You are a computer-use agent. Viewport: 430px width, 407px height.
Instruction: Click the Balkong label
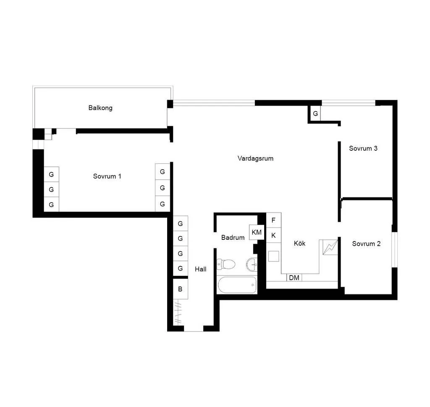coord(100,108)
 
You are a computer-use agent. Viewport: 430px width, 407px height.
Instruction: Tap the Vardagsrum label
coord(255,158)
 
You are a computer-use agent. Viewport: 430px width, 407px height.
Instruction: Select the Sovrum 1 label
coord(107,176)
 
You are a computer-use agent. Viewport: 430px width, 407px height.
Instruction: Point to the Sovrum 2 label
coord(366,244)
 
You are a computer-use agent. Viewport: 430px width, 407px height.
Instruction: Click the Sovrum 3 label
coord(363,148)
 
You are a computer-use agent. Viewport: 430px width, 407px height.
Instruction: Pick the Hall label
coord(200,269)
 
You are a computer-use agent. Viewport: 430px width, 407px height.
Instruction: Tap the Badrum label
coord(233,237)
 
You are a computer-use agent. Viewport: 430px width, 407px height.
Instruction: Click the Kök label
coord(299,243)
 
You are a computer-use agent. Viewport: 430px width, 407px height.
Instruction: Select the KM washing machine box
coord(257,232)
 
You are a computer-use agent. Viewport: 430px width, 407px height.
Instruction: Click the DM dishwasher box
coord(294,278)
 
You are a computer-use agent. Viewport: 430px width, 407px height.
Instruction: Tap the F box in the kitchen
coord(273,220)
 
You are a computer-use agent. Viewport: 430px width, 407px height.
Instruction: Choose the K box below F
coord(273,235)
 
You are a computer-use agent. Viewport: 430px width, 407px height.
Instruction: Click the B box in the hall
coord(180,289)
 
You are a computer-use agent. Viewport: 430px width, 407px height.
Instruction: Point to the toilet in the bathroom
coord(226,264)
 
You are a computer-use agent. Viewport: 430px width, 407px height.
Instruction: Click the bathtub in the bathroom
coord(237,285)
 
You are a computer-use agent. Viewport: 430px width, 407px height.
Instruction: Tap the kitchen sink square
coord(273,257)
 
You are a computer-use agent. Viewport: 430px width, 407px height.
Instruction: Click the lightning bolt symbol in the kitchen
coord(330,247)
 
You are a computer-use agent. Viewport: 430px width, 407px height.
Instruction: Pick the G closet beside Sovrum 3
coord(315,113)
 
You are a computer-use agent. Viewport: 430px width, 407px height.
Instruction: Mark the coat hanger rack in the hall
coord(178,312)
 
